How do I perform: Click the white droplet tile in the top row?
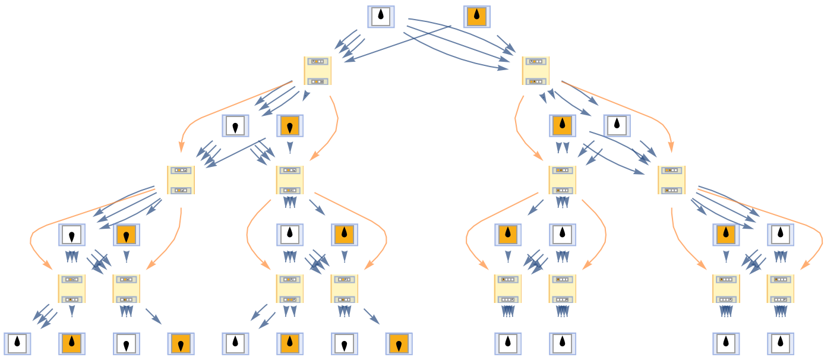point(381,17)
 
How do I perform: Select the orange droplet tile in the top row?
point(476,17)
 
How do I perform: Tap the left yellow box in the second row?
point(317,71)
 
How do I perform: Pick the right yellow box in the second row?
point(535,71)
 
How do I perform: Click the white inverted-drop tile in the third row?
point(235,125)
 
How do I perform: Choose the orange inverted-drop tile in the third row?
point(290,125)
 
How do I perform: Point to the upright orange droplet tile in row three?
point(562,125)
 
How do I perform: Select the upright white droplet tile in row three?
point(617,125)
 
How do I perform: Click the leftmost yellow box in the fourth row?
point(181,180)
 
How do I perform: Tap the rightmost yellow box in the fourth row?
point(671,180)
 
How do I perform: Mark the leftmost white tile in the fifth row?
point(72,235)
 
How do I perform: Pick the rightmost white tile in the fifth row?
point(780,235)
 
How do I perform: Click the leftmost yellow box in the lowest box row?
point(71,289)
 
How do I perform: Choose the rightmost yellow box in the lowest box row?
point(780,289)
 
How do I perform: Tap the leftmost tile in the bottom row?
point(17,343)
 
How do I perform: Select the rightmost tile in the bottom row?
point(780,343)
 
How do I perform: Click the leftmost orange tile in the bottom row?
point(72,343)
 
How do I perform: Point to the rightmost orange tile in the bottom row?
point(399,343)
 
